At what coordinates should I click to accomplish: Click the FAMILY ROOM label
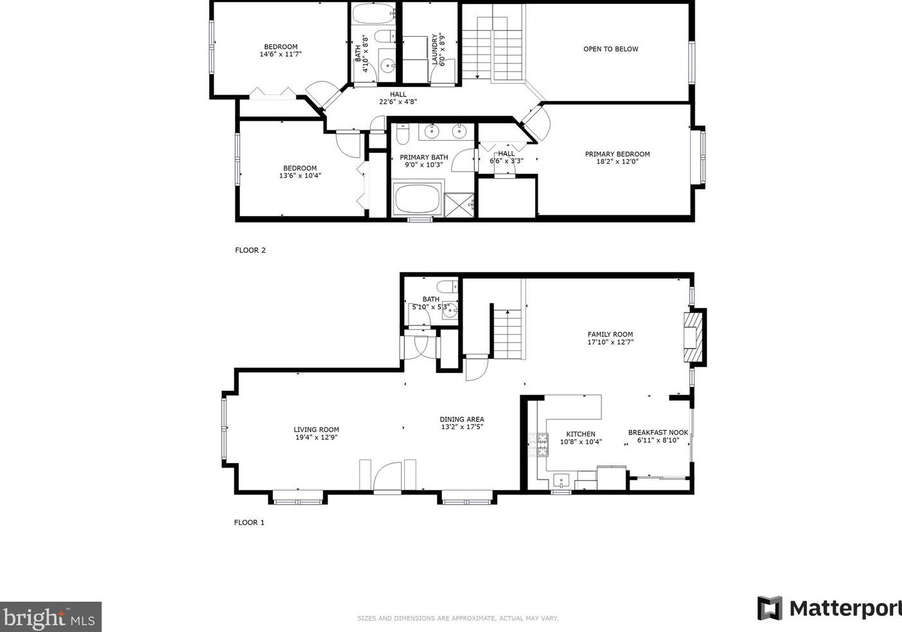(x=610, y=334)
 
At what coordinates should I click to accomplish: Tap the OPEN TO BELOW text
(x=610, y=49)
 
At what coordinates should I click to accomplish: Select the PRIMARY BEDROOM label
(x=617, y=154)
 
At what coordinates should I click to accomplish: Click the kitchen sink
(x=562, y=480)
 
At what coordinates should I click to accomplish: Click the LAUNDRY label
(x=435, y=50)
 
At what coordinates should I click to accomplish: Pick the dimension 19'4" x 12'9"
(x=316, y=438)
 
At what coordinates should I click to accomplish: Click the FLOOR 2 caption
(x=250, y=250)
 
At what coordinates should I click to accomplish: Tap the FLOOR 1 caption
(x=249, y=523)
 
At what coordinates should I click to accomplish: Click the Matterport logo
(x=829, y=608)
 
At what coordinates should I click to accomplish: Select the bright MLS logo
(x=50, y=617)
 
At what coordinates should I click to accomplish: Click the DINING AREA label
(x=461, y=419)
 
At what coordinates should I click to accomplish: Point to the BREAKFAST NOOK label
(x=658, y=433)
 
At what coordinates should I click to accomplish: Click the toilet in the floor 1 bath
(x=445, y=286)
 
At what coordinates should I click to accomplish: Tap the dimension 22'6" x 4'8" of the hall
(x=398, y=102)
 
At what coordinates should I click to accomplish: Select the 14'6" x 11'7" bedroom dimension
(x=280, y=55)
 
